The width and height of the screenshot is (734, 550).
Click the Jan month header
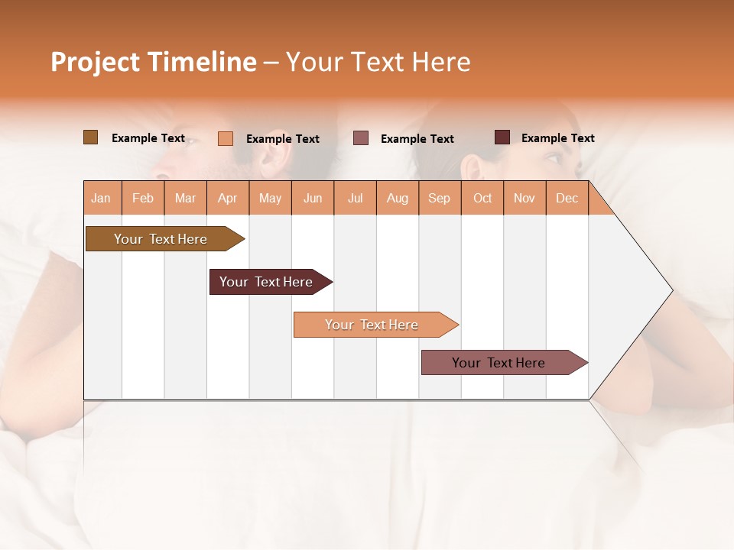[101, 199]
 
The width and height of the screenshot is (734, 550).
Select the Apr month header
[228, 199]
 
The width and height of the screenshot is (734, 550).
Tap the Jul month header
[355, 199]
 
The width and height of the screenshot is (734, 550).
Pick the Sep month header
[440, 199]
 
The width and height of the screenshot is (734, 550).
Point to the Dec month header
[567, 199]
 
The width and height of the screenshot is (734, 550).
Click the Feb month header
[143, 199]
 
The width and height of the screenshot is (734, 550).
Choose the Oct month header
[482, 199]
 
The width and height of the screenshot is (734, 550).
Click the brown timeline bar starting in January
[161, 239]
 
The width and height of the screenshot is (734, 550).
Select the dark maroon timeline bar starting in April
[266, 282]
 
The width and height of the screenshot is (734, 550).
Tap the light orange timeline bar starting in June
[372, 325]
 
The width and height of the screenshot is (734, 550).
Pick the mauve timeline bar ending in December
[499, 363]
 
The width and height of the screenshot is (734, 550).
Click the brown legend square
[90, 137]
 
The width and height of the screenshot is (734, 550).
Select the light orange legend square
[226, 138]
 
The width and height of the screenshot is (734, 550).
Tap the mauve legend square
[361, 138]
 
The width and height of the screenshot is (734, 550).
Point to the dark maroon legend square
[502, 137]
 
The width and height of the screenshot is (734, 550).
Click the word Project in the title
[95, 62]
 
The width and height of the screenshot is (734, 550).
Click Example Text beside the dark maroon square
[557, 138]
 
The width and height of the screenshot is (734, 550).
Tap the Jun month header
[313, 199]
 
